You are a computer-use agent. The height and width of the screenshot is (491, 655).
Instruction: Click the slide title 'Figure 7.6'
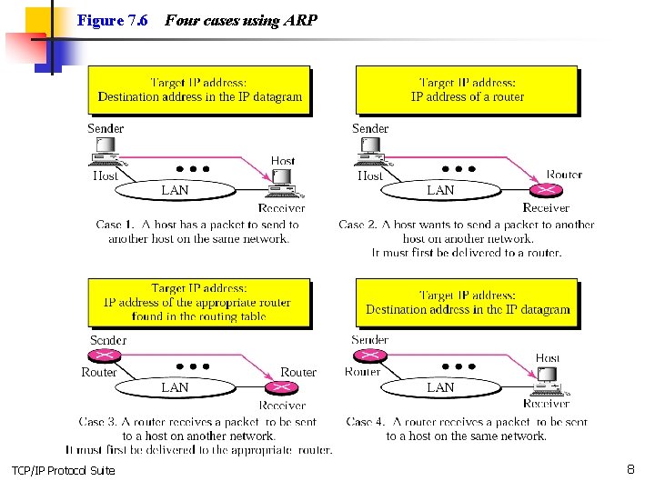coord(113,20)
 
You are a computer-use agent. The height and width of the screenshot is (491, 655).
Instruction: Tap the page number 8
coord(630,469)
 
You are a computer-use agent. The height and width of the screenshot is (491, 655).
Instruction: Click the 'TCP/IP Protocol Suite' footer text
coord(63,470)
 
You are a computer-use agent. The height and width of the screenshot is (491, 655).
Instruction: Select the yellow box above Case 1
coord(199,90)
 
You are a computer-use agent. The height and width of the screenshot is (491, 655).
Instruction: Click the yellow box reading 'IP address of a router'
coord(467,90)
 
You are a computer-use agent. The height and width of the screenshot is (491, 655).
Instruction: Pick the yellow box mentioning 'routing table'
coord(198,302)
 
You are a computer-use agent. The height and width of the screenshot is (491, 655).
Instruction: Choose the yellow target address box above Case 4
coord(467,302)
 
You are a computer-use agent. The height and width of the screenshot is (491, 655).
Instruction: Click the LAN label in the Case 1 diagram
coord(175,190)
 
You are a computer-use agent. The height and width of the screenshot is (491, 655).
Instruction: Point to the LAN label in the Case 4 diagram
coord(440,387)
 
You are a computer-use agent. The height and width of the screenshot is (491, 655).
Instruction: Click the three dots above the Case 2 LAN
coord(458,169)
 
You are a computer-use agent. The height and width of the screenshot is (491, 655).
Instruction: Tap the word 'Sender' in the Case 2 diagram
coord(370,128)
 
